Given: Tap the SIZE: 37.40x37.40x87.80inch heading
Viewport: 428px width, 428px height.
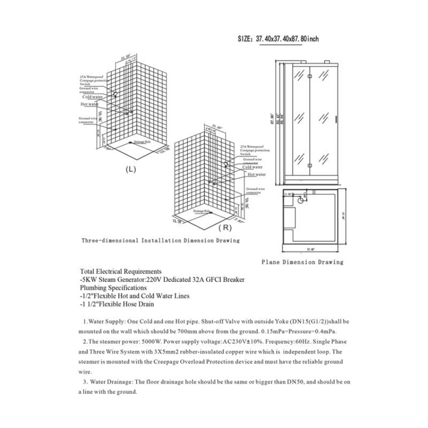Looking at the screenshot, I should coord(278,39).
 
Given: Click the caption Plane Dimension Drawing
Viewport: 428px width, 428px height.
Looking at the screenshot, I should coord(302,262).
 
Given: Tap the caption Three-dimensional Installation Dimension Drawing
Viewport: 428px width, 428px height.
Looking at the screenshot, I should coord(160,241).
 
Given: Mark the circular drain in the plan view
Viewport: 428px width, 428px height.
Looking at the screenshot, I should coord(301,201).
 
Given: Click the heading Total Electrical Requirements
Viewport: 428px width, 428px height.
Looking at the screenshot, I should coord(120,272).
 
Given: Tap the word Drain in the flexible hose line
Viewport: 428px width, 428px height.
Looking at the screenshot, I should coord(146,304).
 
